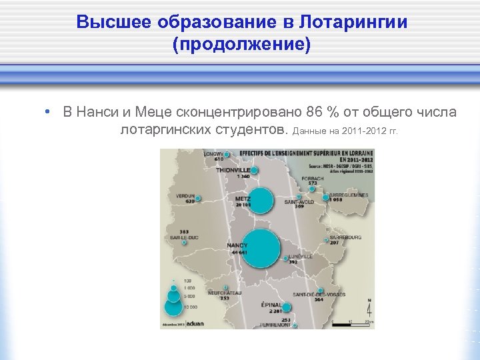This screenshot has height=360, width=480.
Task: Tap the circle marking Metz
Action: [261, 201]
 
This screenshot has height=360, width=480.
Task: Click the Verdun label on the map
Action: [185, 195]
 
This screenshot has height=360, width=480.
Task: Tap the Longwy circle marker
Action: [227, 155]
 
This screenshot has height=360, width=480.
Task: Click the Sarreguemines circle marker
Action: [326, 197]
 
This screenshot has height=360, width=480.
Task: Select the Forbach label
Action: [312, 179]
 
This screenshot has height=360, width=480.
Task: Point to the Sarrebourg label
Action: [344, 237]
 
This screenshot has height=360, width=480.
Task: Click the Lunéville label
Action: [301, 255]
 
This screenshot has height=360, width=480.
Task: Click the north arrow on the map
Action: [369, 309]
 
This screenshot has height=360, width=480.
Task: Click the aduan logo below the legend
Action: [195, 325]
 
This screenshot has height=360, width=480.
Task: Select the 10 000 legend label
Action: [189, 306]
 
